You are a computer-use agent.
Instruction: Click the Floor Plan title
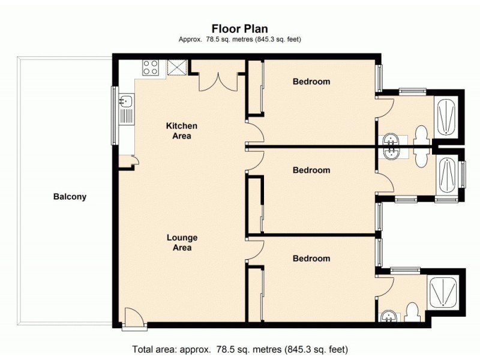239,28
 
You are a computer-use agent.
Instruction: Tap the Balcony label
70,196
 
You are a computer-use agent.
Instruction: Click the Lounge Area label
182,242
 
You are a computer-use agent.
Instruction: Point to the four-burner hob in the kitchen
151,68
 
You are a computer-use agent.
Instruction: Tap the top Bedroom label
311,82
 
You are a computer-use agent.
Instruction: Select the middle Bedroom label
311,170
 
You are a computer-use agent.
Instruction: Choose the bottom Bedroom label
311,259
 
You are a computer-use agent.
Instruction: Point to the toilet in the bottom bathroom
412,311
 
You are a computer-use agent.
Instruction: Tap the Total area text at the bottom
239,349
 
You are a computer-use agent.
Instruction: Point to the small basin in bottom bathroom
388,315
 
